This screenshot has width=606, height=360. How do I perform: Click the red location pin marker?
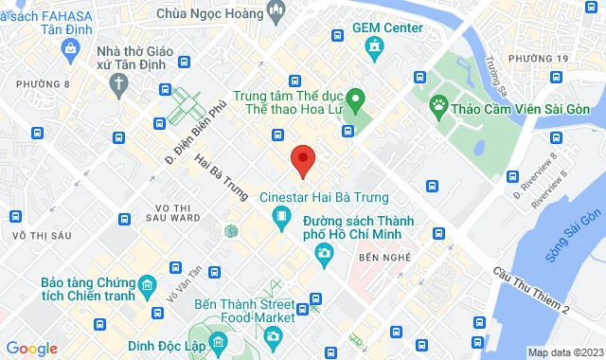click(x=302, y=159)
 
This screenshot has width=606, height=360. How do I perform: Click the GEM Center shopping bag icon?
click(x=375, y=45)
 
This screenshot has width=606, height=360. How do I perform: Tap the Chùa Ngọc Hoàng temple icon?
click(x=277, y=10)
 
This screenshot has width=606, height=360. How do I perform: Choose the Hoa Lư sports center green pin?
click(x=355, y=98)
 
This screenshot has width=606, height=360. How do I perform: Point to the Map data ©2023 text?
click(x=564, y=352)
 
